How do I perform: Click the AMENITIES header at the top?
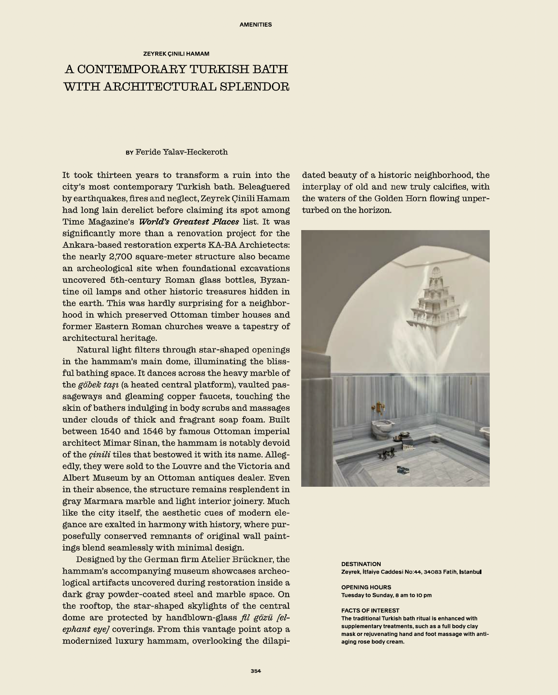point(256,25)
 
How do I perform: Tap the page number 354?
point(256,671)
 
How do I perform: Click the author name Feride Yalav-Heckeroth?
point(181,152)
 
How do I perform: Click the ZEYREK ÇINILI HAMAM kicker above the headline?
point(176,54)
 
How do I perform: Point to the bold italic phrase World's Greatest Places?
point(189,222)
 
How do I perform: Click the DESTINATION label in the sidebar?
point(361,564)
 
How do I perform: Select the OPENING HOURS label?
point(366,587)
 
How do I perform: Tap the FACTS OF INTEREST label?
point(370,611)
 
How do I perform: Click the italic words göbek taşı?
point(98,385)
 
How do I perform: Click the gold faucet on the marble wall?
point(379,407)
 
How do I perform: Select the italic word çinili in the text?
point(99,455)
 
